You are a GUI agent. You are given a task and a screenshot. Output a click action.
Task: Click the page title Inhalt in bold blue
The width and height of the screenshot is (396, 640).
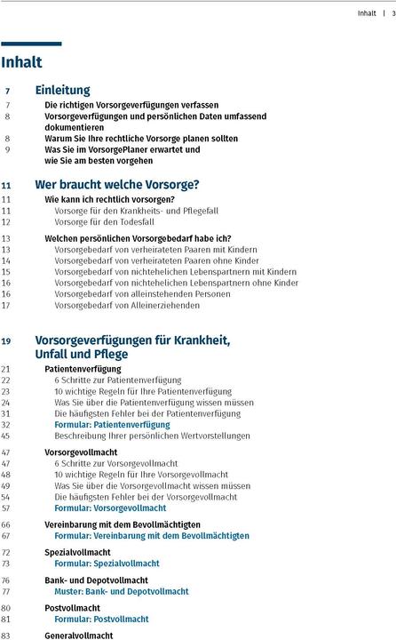coord(21,62)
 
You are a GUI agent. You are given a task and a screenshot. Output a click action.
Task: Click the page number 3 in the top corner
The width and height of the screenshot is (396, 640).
coord(392,13)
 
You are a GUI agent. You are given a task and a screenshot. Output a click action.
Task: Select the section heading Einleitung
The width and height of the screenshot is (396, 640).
coord(62,90)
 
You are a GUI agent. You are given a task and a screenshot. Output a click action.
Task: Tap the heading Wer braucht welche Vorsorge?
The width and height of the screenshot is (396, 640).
coord(116,185)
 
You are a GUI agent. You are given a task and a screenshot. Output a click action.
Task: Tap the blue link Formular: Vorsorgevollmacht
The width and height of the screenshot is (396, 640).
coord(110,508)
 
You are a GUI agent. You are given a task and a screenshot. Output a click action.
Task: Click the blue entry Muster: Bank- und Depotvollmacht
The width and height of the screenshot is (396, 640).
coord(121,591)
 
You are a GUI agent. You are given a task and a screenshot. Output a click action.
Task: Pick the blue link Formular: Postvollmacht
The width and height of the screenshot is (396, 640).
coord(101,619)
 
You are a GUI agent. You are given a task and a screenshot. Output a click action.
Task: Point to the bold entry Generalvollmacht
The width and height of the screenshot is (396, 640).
coord(79,636)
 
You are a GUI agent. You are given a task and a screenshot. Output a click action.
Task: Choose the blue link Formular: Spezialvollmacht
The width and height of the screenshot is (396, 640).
coord(106,564)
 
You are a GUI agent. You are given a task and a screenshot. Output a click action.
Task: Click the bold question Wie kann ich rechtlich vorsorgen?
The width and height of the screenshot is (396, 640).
coord(109,199)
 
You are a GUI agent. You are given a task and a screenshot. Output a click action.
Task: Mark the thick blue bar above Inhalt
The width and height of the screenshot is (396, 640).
coord(31,43)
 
